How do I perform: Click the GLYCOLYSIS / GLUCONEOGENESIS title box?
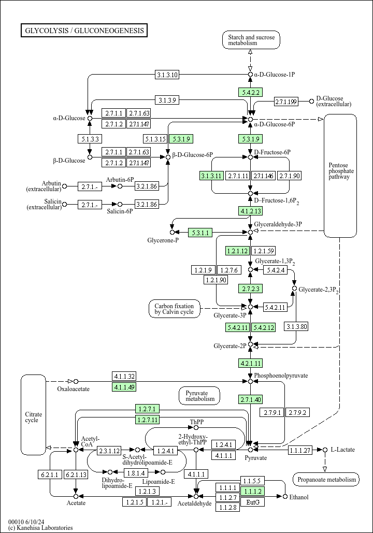point(84,30)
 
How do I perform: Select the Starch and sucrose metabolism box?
point(251,40)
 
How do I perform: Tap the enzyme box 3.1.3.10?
point(167,75)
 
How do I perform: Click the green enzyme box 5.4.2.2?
point(251,92)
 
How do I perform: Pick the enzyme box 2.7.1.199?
point(286,102)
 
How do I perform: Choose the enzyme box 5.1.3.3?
point(90,139)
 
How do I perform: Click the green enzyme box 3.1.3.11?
point(211,176)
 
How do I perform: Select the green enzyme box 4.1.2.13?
point(251,211)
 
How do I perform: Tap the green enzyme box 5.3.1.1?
point(200,233)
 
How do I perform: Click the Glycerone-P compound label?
point(163,240)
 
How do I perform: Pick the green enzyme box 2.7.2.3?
point(251,289)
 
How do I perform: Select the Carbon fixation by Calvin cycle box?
point(175,309)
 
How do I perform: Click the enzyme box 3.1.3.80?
point(296,327)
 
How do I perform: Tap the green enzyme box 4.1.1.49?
point(124,387)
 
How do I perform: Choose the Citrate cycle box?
point(33,415)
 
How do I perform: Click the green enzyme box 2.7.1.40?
point(251,399)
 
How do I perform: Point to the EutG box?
point(253,502)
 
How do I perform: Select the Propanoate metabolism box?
point(326,479)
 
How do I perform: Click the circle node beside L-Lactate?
point(325,450)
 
